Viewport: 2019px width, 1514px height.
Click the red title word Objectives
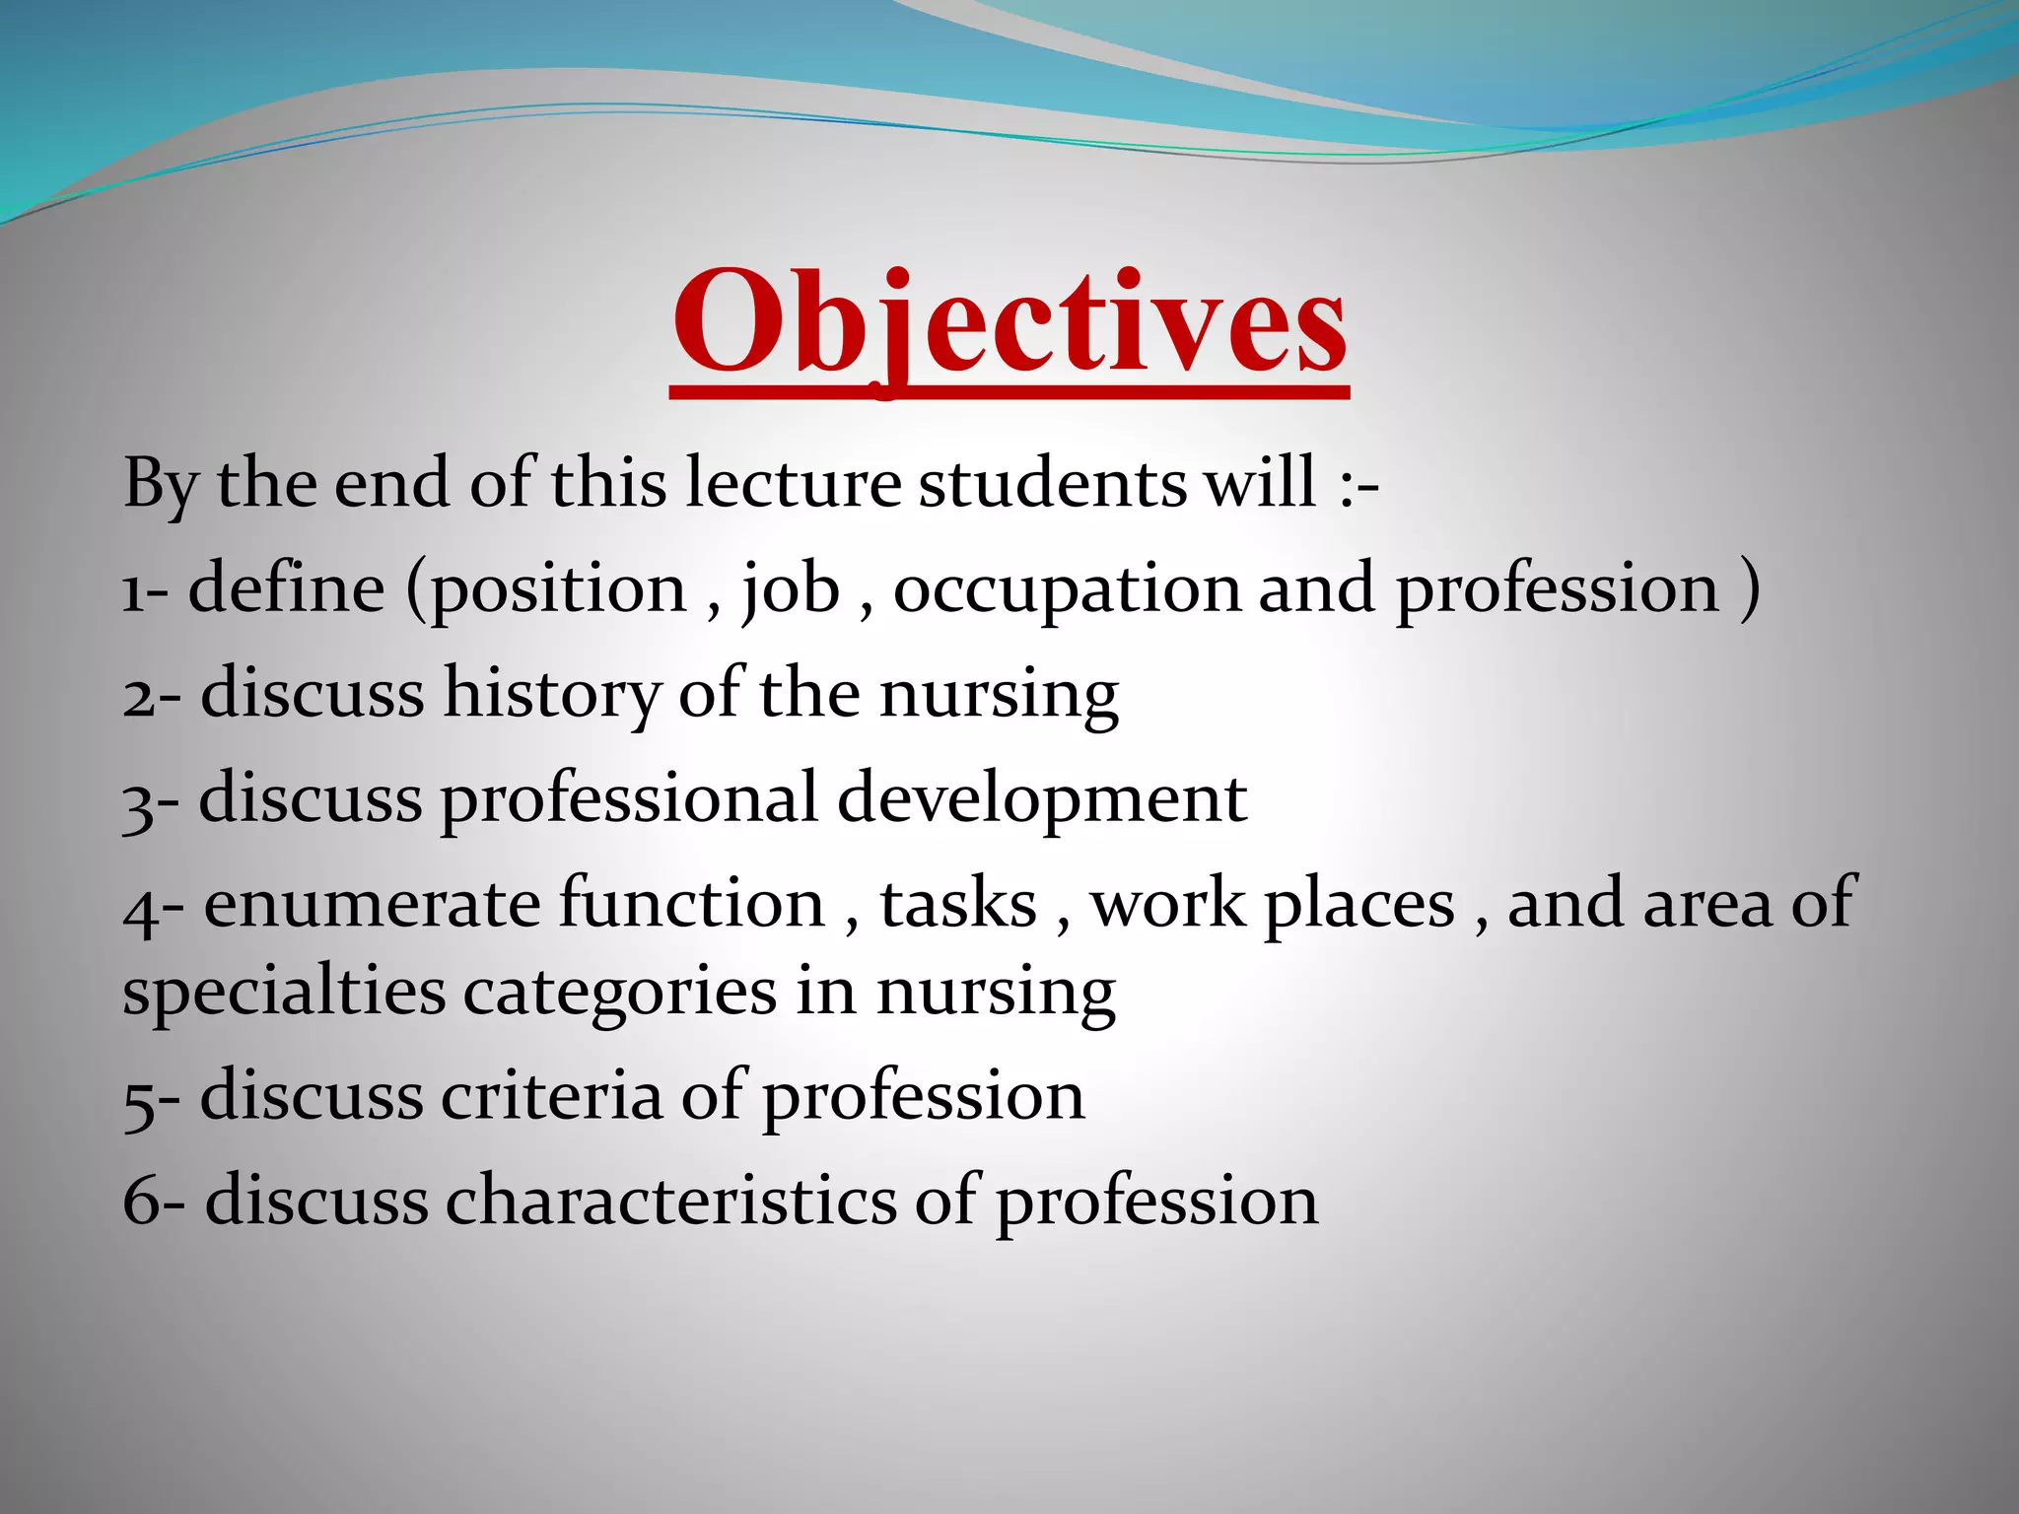[1009, 325]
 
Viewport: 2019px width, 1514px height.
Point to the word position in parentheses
[558, 589]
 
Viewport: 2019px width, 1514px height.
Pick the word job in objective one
[791, 589]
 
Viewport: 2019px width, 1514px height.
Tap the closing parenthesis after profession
[1749, 589]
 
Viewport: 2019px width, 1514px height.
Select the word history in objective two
[552, 694]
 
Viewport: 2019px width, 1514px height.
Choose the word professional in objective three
[629, 798]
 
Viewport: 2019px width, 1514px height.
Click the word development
[1042, 798]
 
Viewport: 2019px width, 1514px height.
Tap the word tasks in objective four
[958, 903]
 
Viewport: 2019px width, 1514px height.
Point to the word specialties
[284, 992]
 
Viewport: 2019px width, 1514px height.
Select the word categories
[620, 992]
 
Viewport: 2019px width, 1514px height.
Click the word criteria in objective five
[551, 1096]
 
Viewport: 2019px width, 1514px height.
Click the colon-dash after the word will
[1359, 485]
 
